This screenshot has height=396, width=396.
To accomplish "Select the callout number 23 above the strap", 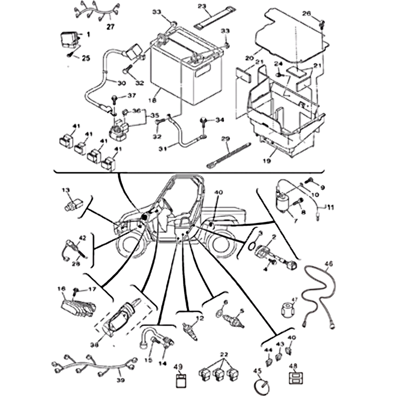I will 201,6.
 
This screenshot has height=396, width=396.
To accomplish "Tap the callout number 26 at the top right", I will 320,13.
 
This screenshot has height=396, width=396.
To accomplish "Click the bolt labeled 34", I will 203,120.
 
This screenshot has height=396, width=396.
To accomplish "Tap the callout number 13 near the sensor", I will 66,190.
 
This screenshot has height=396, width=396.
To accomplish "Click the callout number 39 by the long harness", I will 120,380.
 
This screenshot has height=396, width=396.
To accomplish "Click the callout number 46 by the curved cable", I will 329,264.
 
